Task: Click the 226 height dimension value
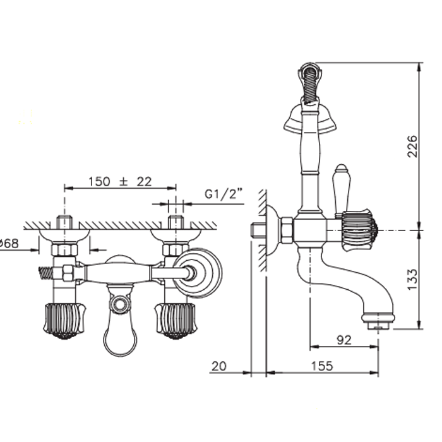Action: coord(411,147)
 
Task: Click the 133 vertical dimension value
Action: coord(411,278)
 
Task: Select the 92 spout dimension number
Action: coord(343,339)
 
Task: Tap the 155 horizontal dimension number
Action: coord(323,366)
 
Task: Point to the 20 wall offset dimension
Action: coord(218,366)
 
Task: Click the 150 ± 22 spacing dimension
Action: coord(121,181)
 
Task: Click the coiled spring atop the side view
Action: coord(309,86)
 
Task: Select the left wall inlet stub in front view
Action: coord(64,223)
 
